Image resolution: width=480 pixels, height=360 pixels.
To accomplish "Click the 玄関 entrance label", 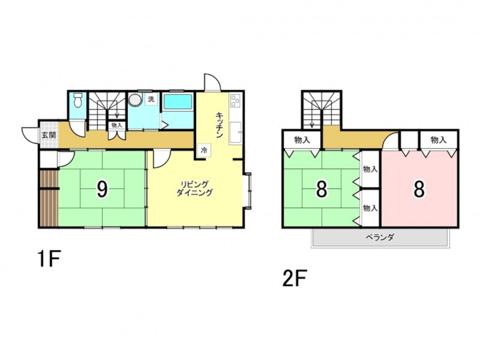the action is (x=49, y=135).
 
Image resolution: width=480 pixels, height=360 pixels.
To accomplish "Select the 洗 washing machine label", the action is (x=151, y=99).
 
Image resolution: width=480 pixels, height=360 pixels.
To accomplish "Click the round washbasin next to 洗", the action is (x=135, y=100).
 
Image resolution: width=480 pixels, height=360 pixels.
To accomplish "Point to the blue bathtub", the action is (x=178, y=101).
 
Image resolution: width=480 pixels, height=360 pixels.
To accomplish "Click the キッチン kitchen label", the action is (x=220, y=125).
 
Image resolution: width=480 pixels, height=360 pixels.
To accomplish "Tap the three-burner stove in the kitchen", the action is (x=236, y=100).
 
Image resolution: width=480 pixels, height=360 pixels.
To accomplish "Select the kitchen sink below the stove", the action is (x=236, y=133).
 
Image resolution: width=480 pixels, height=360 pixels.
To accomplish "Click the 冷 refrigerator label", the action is (x=204, y=151).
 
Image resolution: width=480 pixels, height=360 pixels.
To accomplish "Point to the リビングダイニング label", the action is (x=194, y=188).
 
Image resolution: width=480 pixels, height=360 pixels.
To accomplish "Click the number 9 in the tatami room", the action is (x=102, y=189).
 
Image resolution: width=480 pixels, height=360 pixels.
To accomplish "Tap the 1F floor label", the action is (x=49, y=259).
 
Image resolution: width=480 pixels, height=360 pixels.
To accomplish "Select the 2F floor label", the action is (x=295, y=278).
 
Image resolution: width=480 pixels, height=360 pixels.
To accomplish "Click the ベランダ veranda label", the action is (x=380, y=237).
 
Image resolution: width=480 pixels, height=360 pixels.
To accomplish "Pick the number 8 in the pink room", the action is (x=419, y=189).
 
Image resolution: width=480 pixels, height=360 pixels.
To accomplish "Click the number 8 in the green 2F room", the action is (x=322, y=189).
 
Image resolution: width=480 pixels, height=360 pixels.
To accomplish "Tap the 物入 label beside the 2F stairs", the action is (x=302, y=140).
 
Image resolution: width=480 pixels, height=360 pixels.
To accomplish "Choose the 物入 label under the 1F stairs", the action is (x=116, y=125).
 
